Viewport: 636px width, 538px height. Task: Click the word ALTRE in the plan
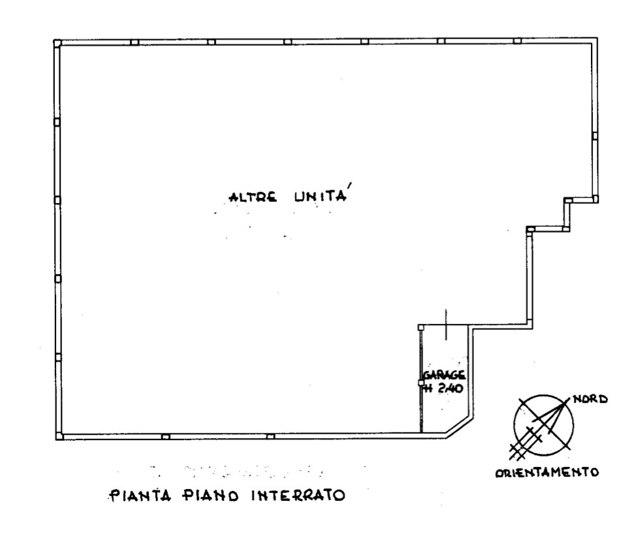[x=253, y=197]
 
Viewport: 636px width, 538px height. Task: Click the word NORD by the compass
[x=590, y=400]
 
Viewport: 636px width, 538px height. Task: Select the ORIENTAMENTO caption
[x=547, y=472]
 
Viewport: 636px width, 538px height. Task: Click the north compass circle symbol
[x=543, y=425]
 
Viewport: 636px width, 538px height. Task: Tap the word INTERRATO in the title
[x=298, y=496]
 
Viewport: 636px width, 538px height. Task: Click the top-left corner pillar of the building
[x=57, y=42]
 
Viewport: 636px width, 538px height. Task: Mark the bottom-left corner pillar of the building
[x=59, y=436]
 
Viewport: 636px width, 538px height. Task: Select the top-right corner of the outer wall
[x=597, y=39]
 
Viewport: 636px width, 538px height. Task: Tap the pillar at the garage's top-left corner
[x=421, y=326]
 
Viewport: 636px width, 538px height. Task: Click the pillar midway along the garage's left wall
[x=421, y=383]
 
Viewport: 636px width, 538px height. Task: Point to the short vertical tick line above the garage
[x=446, y=324]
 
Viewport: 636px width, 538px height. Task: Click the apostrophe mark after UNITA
[x=349, y=187]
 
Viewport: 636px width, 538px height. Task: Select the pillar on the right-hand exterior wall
[x=595, y=136]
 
